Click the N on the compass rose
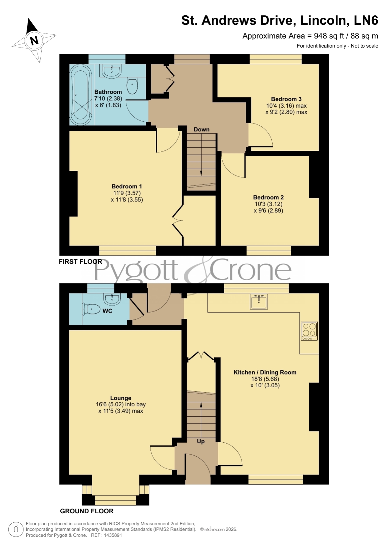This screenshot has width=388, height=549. point(34,40)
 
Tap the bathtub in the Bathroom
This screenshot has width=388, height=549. point(81,94)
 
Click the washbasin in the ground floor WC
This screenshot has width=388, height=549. point(112,299)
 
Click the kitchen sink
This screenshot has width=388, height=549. point(259,302)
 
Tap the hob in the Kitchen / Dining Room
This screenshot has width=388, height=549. point(309,331)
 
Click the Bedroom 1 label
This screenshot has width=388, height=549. point(127,186)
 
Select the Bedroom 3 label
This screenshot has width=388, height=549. point(286,99)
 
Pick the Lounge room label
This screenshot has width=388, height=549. point(121,398)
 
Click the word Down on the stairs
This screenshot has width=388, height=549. point(201,129)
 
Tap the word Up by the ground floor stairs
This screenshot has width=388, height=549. point(201,441)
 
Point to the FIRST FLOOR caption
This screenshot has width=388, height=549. point(80,262)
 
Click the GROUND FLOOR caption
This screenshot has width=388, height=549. point(87,511)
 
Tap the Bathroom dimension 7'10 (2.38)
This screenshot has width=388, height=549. point(108,99)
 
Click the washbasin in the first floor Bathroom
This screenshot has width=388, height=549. point(112,71)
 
